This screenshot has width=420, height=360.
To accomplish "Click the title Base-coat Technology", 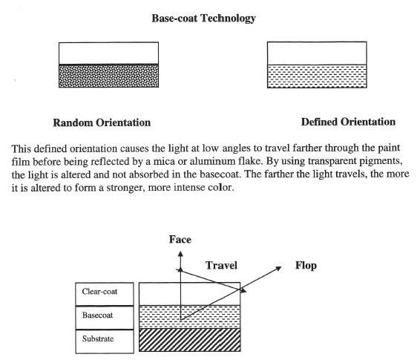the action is coord(203,19).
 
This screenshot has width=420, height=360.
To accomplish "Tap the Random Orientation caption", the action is coord(102,122).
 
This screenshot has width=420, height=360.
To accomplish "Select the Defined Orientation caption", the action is coord(348,122).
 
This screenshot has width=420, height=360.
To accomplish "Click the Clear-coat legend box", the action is coord(105,294).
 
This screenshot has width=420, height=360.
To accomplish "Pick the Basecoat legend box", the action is coord(105,318).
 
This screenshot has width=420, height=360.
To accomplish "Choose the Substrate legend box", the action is coord(105,341).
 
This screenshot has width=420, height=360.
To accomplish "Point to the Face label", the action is coord(180,240).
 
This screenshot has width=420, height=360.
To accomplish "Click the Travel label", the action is coord(221,266).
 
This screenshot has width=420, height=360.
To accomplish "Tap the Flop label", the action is coord(306,266).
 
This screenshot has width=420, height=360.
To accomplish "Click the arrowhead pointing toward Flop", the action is coord(279,268).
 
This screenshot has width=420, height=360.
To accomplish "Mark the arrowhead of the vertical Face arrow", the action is coord(180,253).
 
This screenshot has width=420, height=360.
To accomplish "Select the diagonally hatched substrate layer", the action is coord(190,340).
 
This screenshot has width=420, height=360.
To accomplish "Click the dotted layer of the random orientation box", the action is coord(108,76).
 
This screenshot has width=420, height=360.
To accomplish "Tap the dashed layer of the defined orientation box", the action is coord(317,76).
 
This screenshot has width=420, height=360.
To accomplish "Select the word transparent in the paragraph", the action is coord(329,161).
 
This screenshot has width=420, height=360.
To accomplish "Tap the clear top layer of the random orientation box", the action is coord(108,53).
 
